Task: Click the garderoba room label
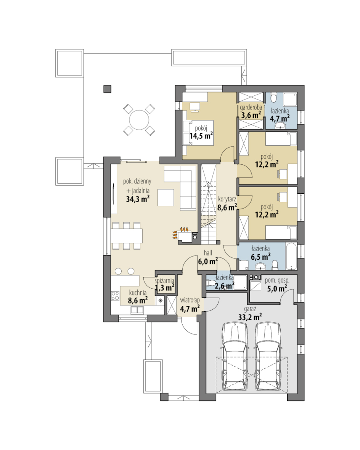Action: [x=251, y=108]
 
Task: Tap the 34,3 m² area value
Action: [x=138, y=199]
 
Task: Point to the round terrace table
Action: [x=139, y=120]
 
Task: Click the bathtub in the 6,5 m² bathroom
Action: [x=291, y=256]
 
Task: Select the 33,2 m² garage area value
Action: [x=250, y=317]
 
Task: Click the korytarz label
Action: [x=227, y=199]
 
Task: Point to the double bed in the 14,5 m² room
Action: [x=198, y=133]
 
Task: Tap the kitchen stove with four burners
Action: [x=115, y=296]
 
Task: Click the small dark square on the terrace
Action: [x=108, y=89]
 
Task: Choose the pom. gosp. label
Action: [x=277, y=281]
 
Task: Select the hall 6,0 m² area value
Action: [x=208, y=262]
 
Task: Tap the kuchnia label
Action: [x=138, y=293]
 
